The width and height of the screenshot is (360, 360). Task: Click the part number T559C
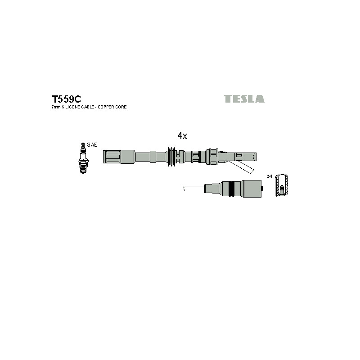pos(66,99)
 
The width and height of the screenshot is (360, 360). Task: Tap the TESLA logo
pos(244,99)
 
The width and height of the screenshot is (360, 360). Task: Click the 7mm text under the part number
pos(56,107)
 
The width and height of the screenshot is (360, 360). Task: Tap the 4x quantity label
pos(182,136)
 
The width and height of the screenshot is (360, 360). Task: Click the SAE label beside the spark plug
pos(92,144)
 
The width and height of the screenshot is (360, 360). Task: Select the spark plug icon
pos(83,158)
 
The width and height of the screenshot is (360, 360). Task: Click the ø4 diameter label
pos(270,176)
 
